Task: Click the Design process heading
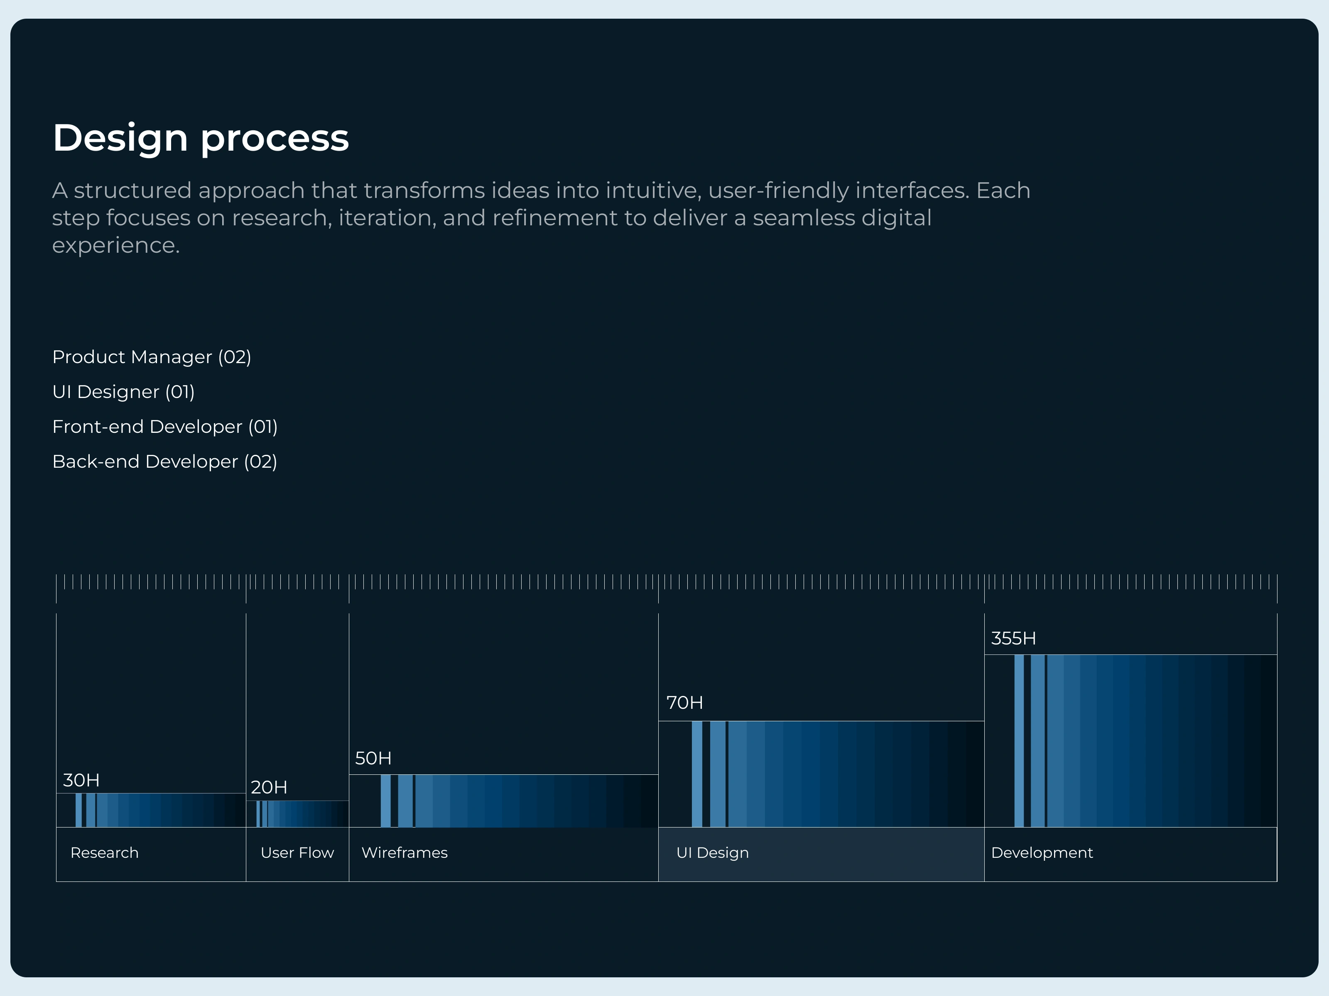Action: coord(201,138)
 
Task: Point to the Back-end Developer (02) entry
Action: coord(164,461)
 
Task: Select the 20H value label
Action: coord(269,787)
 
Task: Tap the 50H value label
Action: coord(373,758)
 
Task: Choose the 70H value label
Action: coord(684,703)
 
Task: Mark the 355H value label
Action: coord(1013,638)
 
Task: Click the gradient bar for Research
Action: coord(151,810)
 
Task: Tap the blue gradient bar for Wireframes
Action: coord(503,801)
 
